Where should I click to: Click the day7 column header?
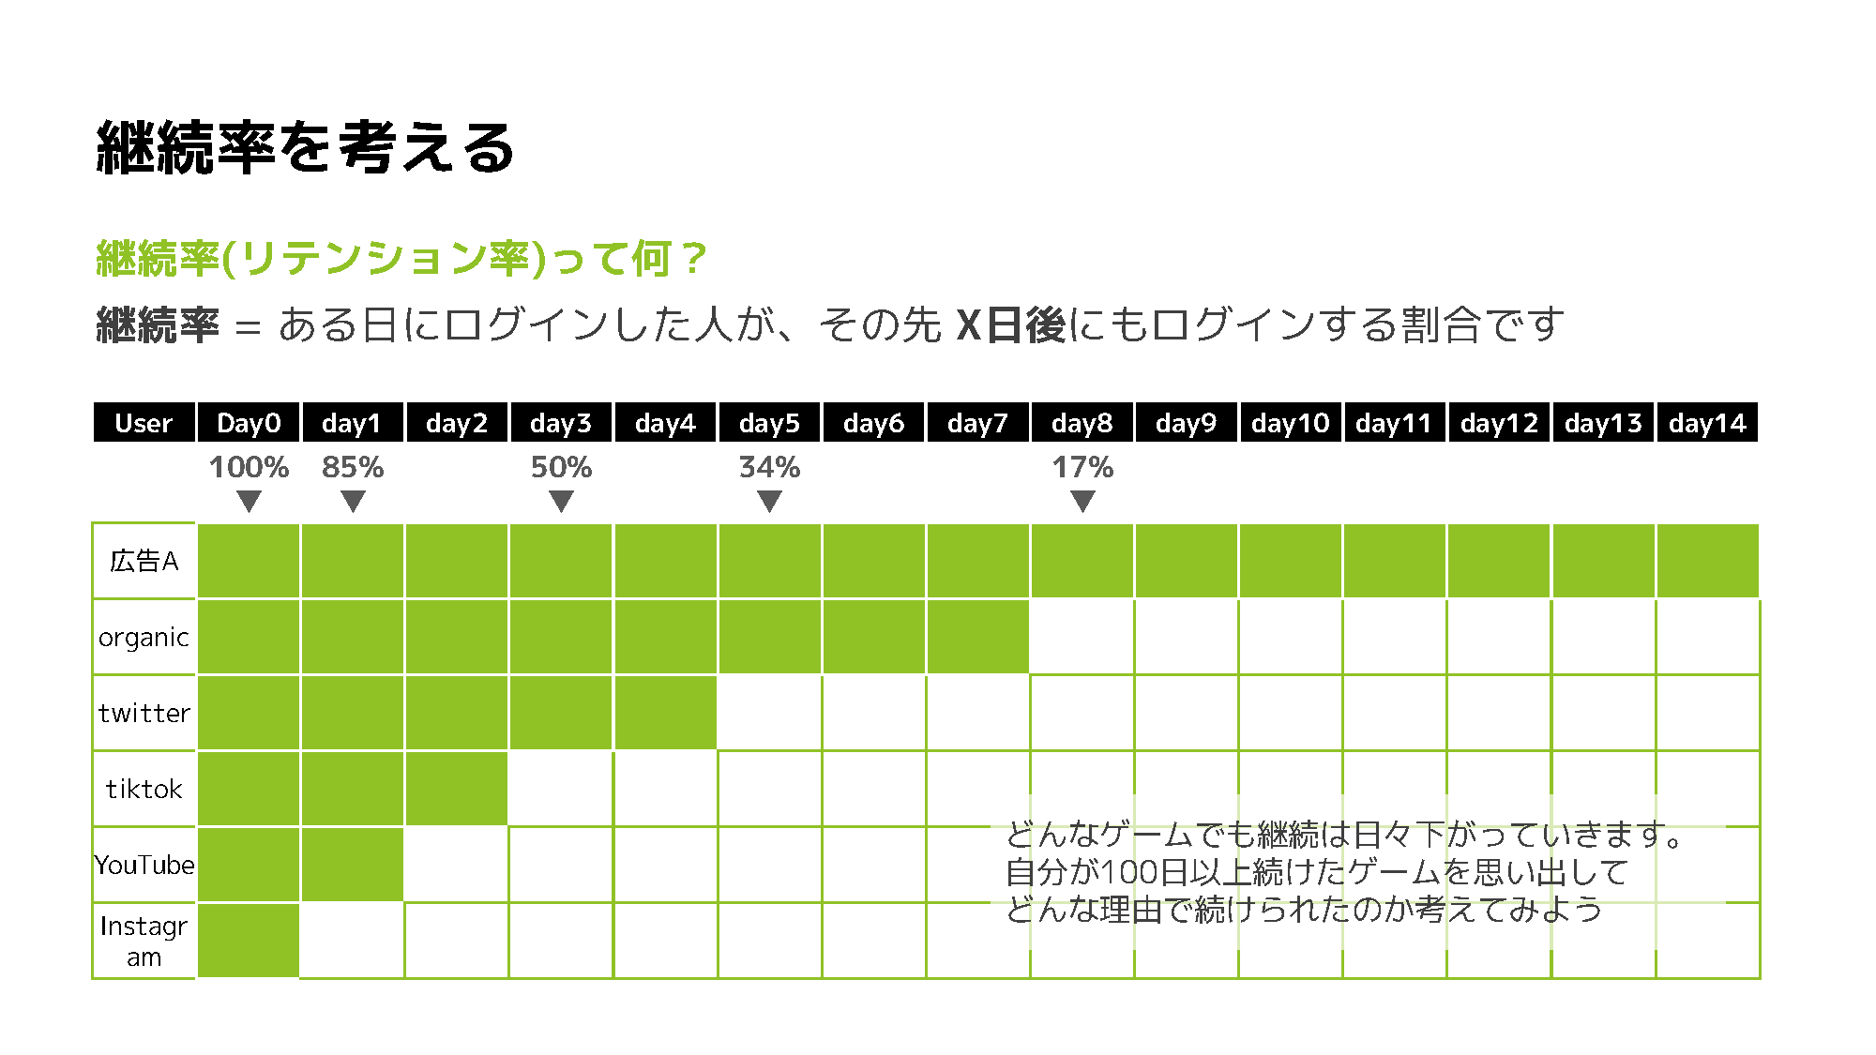[x=977, y=423]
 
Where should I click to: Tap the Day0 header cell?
[x=249, y=423]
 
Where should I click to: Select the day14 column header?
[x=1707, y=423]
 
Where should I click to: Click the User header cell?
[x=144, y=423]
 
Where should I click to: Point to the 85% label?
[x=353, y=467]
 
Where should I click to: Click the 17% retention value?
[x=1082, y=467]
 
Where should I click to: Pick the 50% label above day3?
[x=561, y=467]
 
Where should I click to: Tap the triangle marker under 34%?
[x=769, y=503]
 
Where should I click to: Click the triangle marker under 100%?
[x=249, y=503]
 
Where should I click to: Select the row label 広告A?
[x=144, y=561]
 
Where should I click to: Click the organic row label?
[x=144, y=638]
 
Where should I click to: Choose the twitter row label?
[x=144, y=714]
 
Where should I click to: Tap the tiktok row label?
[x=144, y=790]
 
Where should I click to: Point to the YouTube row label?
[x=144, y=865]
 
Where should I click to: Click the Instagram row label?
[x=144, y=941]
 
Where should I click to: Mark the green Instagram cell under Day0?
[x=249, y=941]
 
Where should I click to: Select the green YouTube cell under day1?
[x=353, y=865]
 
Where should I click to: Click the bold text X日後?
[x=1011, y=325]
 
